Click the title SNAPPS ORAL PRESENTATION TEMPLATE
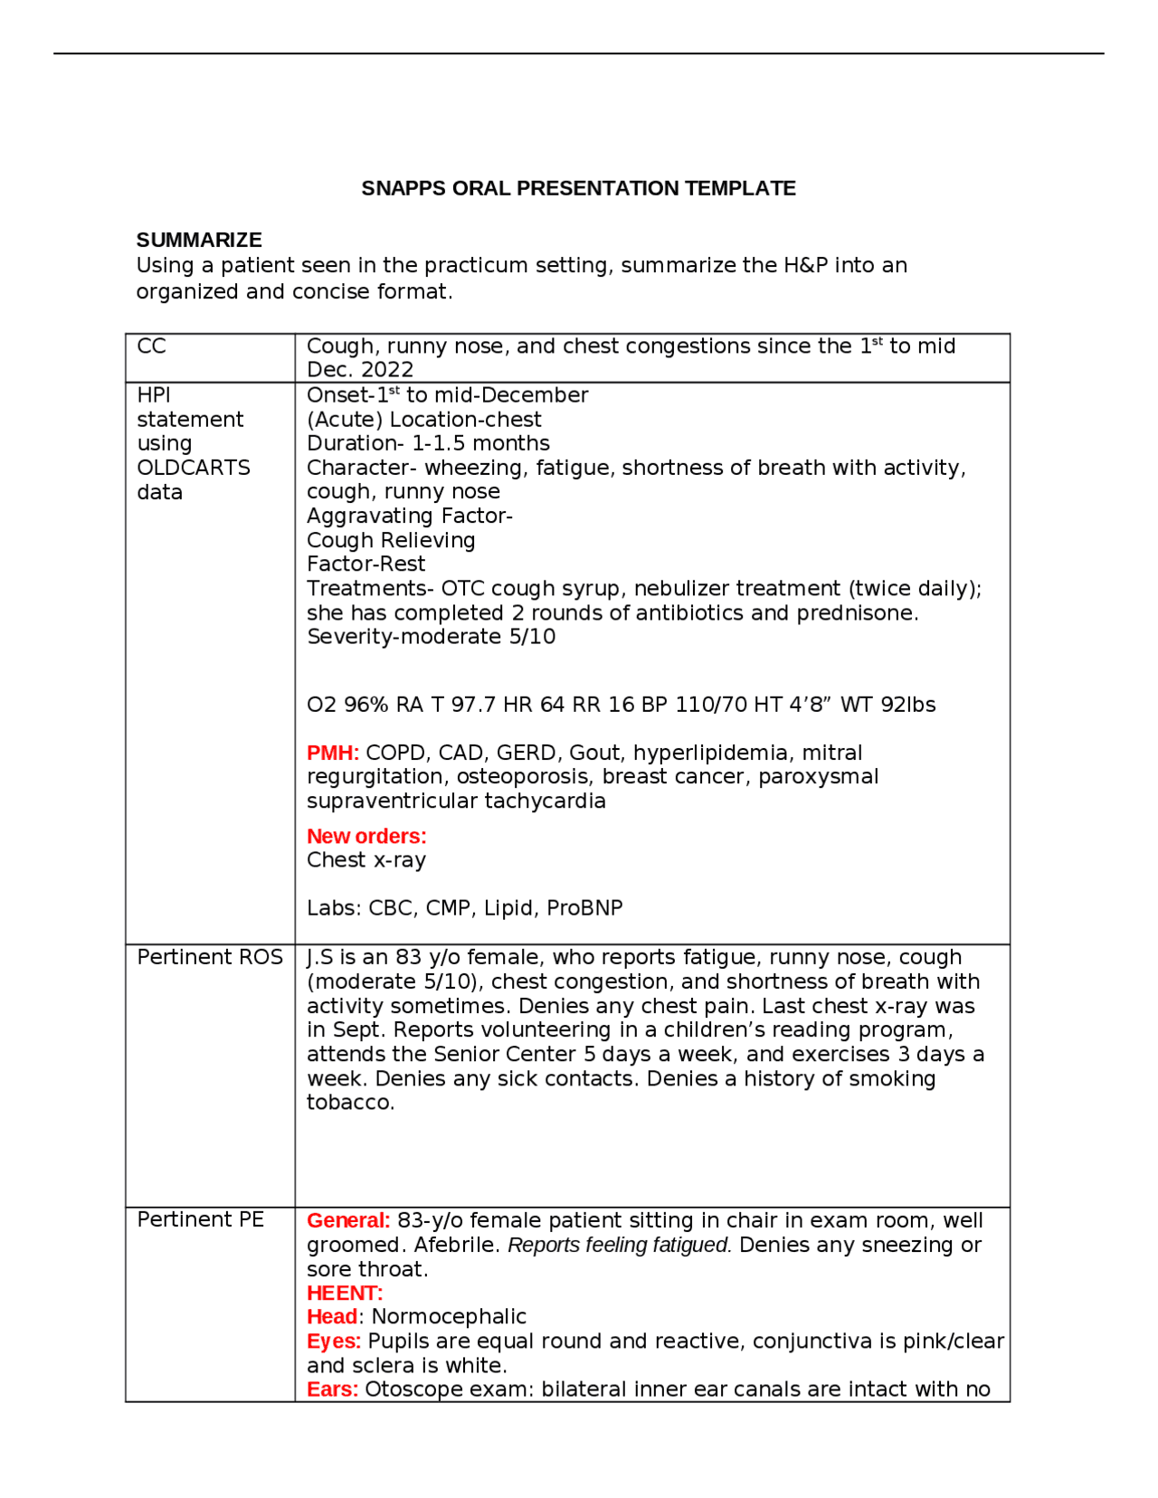pyautogui.click(x=578, y=188)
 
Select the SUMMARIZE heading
pyautogui.click(x=199, y=240)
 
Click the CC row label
pyautogui.click(x=151, y=346)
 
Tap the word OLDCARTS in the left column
pyautogui.click(x=194, y=468)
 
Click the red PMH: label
pyautogui.click(x=332, y=753)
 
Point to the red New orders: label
pyautogui.click(x=365, y=836)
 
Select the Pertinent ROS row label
pyautogui.click(x=210, y=957)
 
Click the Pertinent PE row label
pyautogui.click(x=200, y=1219)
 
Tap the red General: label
pyautogui.click(x=347, y=1220)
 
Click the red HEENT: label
pyautogui.click(x=344, y=1293)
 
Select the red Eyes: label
pyautogui.click(x=333, y=1341)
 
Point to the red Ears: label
pyautogui.click(x=332, y=1389)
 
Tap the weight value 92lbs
pyautogui.click(x=907, y=705)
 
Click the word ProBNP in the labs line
pyautogui.click(x=584, y=907)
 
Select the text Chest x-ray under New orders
pyautogui.click(x=365, y=859)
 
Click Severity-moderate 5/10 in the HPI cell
pyautogui.click(x=431, y=636)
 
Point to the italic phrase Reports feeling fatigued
pyautogui.click(x=619, y=1245)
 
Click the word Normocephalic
pyautogui.click(x=449, y=1316)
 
